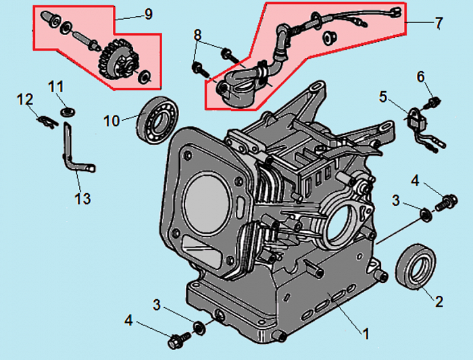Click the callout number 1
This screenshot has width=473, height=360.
[x=366, y=333]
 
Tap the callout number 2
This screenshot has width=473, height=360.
[x=439, y=302]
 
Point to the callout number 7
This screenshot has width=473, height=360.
[x=439, y=24]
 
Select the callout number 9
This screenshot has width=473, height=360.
[x=148, y=14]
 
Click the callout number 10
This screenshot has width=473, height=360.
[x=111, y=120]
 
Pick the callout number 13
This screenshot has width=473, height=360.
[x=82, y=199]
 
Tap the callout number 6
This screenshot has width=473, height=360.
[x=422, y=78]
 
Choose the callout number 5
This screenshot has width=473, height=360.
[x=384, y=97]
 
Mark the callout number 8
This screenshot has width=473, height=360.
[x=197, y=34]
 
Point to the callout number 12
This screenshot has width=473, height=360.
[x=25, y=100]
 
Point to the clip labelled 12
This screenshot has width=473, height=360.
[x=46, y=122]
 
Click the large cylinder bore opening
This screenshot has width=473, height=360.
[x=203, y=203]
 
